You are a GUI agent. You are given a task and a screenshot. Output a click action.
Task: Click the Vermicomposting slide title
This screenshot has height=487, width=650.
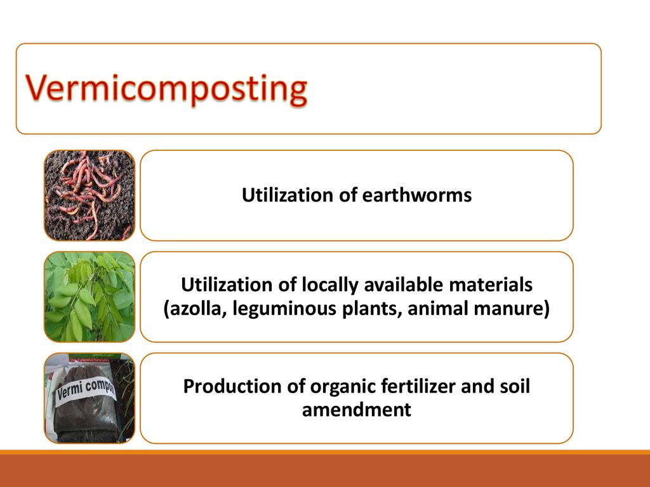(166, 89)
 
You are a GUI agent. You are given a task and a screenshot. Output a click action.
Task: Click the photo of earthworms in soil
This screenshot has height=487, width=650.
(90, 195)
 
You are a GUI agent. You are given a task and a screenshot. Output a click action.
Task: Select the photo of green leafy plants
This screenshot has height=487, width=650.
(90, 297)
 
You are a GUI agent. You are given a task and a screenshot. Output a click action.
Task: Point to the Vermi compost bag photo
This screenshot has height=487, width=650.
(90, 398)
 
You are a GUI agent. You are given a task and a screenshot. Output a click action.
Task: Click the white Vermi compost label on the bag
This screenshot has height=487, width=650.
(86, 389)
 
